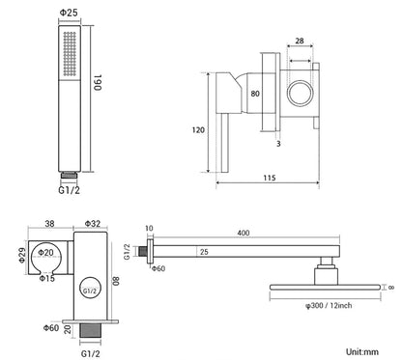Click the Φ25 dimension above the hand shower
[x=69, y=13]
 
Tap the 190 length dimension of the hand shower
[x=98, y=83]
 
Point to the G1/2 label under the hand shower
[x=69, y=190]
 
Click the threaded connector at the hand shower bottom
[x=70, y=176]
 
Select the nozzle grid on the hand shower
[x=70, y=54]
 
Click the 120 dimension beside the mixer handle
[x=198, y=130]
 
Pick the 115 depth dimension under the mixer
[x=270, y=178]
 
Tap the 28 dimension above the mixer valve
[x=300, y=41]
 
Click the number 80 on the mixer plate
[x=255, y=94]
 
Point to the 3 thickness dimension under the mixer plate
[x=278, y=144]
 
